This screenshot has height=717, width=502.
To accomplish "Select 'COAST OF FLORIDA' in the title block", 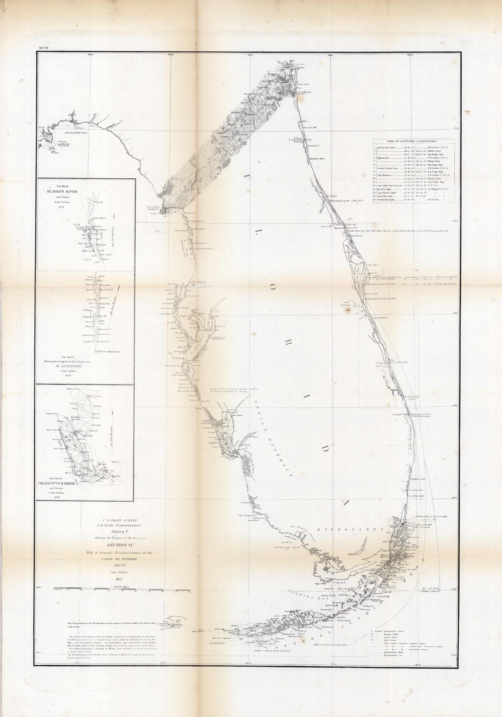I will pyautogui.click(x=119, y=559).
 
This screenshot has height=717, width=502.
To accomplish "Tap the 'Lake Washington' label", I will pyautogui.click(x=348, y=304).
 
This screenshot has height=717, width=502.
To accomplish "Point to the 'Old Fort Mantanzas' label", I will pyautogui.click(x=109, y=352).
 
